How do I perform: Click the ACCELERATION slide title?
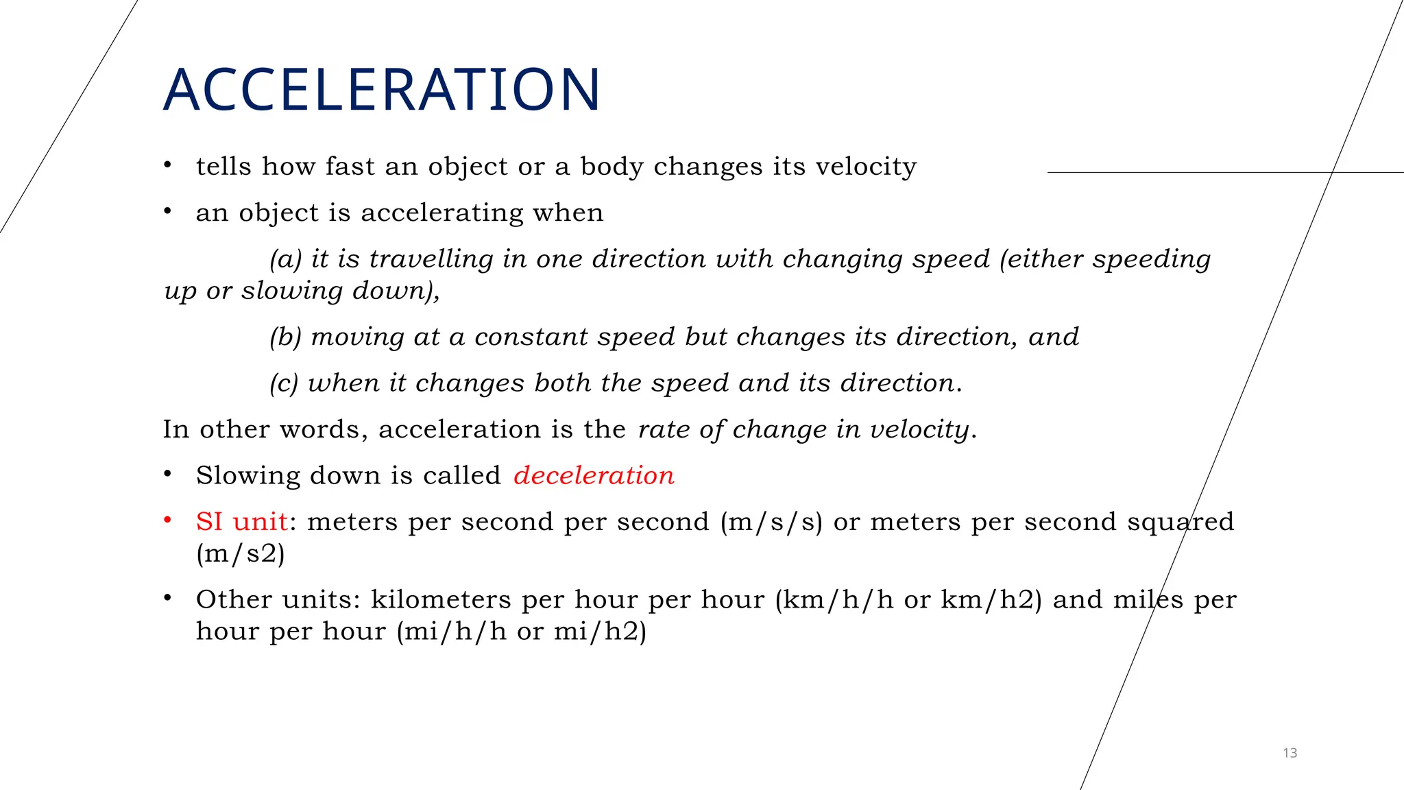[382, 90]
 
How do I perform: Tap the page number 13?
[1290, 753]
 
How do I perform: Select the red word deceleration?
[594, 475]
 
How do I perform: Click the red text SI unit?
[241, 522]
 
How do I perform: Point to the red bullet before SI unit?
[167, 520]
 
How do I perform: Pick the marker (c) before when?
[285, 383]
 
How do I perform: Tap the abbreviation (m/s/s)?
[771, 523]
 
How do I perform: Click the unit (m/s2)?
[241, 553]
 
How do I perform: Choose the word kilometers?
[441, 599]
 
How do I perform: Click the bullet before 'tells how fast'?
[167, 165]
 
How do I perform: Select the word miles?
[1148, 599]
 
